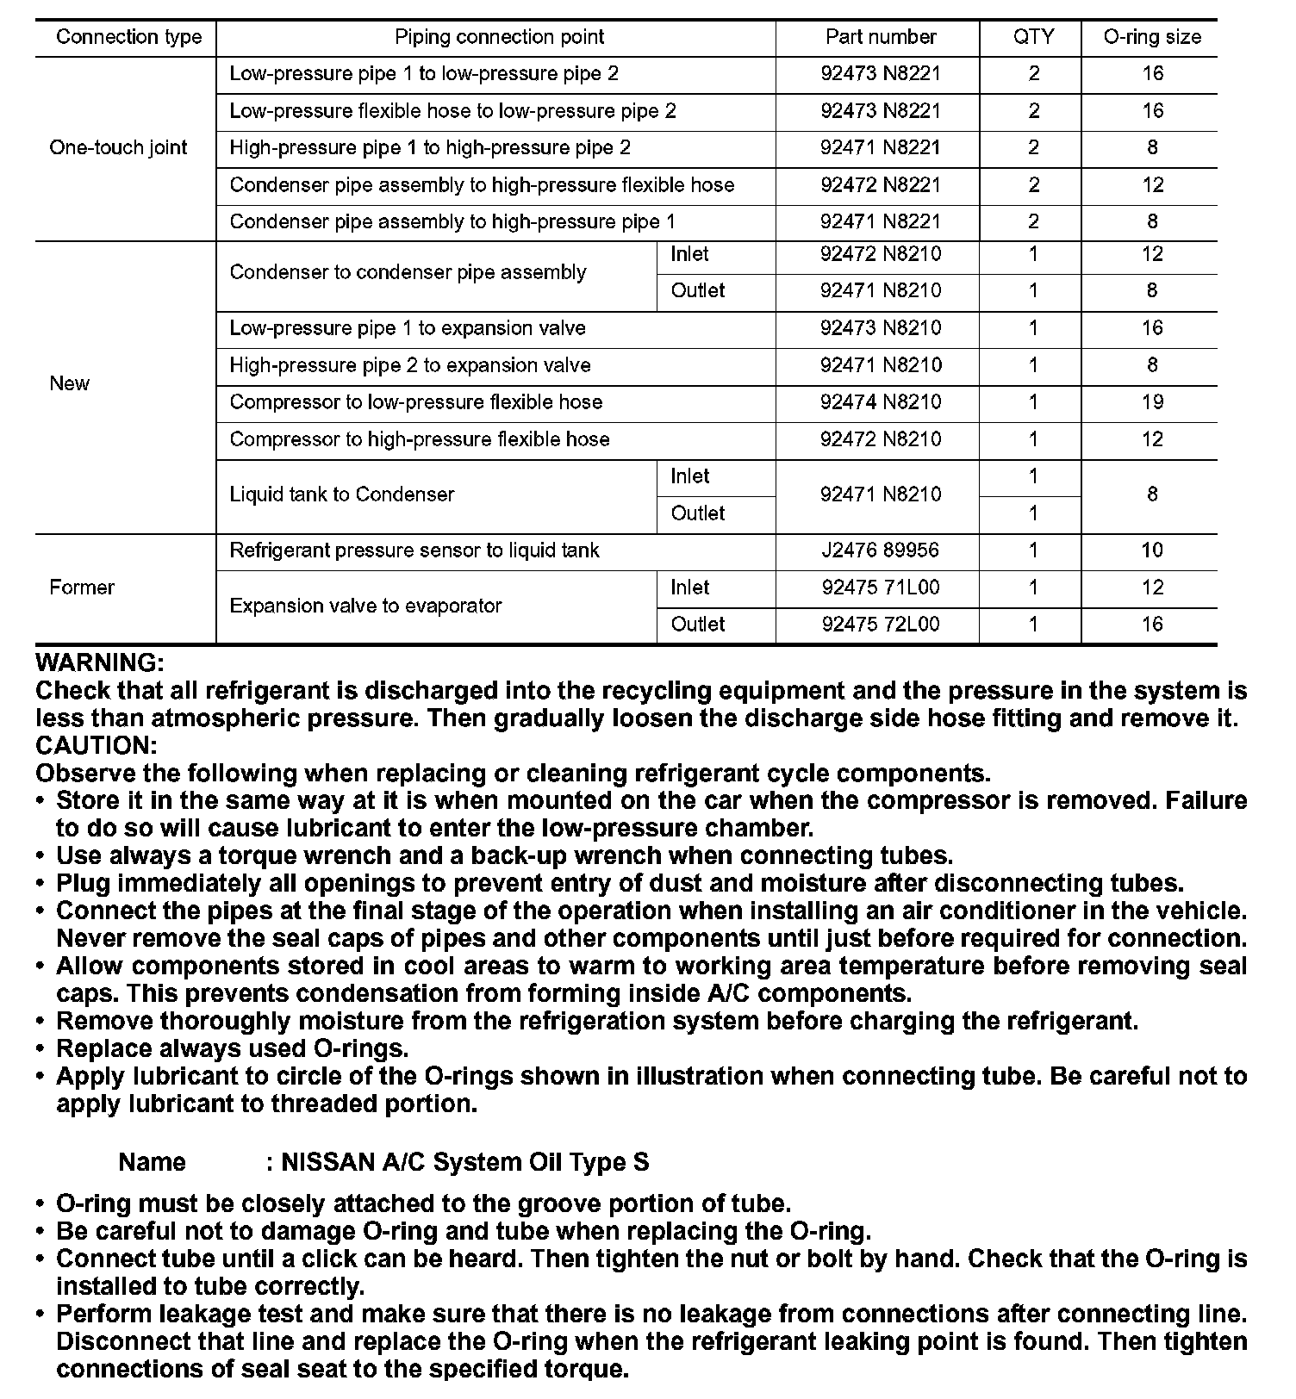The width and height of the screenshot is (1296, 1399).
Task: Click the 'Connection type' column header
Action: point(128,37)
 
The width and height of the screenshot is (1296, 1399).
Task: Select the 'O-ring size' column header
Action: point(1151,37)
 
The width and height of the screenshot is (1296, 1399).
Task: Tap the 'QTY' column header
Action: point(1033,37)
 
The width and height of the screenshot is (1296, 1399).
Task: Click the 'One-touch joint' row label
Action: point(118,147)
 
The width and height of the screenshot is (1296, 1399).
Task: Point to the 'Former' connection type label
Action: point(82,588)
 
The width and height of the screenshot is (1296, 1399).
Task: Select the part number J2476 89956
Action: point(880,550)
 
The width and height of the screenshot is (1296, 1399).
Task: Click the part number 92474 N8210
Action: point(880,402)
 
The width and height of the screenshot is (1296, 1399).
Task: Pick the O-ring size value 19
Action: point(1151,402)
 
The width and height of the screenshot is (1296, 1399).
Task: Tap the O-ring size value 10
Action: point(1151,550)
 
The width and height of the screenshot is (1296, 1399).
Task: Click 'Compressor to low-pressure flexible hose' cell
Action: point(415,402)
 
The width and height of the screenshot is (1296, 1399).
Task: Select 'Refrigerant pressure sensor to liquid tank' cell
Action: point(414,550)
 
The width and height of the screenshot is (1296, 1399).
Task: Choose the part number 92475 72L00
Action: point(880,625)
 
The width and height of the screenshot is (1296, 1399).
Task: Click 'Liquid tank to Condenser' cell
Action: point(341,494)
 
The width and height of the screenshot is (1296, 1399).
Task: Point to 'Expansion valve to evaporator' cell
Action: point(365,606)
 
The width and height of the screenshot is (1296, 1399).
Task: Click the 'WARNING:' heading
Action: point(100,663)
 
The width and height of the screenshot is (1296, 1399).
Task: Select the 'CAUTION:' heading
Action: point(97,746)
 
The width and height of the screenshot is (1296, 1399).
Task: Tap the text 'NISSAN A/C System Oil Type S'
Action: point(465,1163)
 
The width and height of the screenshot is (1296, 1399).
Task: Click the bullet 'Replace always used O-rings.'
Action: point(232,1049)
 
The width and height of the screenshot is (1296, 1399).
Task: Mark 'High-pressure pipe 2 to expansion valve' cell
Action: point(409,365)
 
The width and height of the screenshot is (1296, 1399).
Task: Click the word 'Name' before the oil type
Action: point(152,1163)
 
